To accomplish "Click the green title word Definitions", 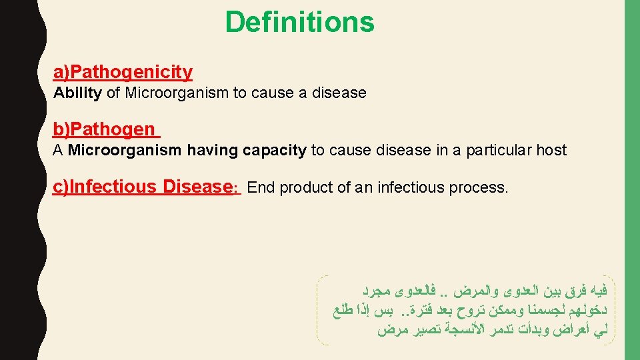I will pos(299,22).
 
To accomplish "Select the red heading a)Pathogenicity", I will pos(123,72).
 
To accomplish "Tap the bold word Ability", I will pos(77,93).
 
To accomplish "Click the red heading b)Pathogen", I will pos(104,129).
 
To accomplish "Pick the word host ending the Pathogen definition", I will pos(551,150).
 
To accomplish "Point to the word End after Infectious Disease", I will pos(261,188).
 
